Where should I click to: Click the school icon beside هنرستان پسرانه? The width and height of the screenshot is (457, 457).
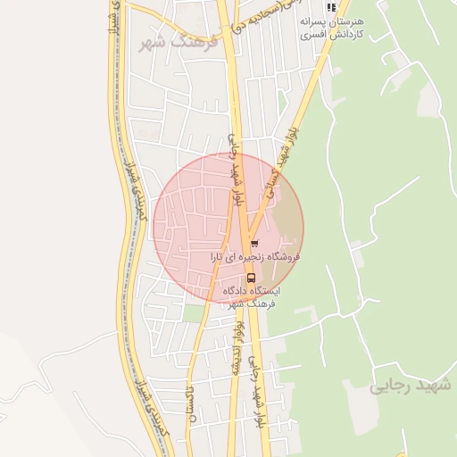click(332, 8)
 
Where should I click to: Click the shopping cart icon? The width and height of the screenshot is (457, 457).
click(254, 242)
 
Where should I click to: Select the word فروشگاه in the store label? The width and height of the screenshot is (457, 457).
click(282, 256)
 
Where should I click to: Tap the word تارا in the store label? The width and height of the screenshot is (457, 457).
click(216, 256)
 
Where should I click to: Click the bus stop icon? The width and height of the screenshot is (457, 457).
click(250, 277)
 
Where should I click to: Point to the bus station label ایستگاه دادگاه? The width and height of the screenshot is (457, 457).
click(249, 291)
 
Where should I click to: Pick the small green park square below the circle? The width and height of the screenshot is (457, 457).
click(195, 312)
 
